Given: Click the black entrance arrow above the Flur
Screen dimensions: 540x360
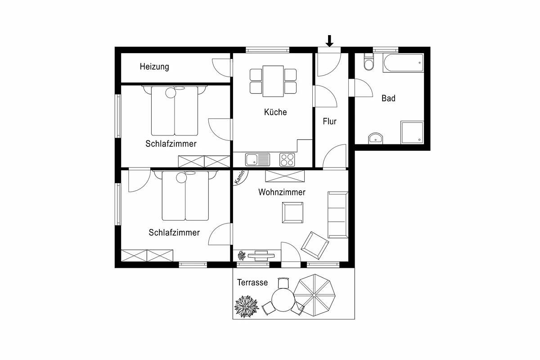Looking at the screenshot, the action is click(329, 41).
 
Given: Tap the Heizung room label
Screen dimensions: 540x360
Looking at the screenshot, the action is click(154, 67).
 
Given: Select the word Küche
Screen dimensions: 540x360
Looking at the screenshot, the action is click(275, 112).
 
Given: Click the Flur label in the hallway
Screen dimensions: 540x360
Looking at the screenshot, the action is click(329, 121).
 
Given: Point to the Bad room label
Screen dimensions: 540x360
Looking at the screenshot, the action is click(388, 98).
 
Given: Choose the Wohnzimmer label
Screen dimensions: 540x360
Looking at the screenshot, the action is click(282, 192).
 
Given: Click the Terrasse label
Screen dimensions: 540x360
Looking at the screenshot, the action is click(252, 282).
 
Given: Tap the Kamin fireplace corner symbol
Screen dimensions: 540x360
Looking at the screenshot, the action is click(240, 177).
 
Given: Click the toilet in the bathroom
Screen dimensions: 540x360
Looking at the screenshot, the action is click(369, 62).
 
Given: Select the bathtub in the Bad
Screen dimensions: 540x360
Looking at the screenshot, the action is click(403, 63).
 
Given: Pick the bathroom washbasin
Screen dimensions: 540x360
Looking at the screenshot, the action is click(376, 138).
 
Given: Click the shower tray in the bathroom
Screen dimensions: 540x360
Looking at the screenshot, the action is click(412, 132).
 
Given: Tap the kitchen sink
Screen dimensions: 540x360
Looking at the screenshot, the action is click(257, 160).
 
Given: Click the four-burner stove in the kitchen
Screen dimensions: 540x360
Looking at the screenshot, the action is click(287, 160).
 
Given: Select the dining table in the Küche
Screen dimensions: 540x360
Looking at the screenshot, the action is click(273, 81).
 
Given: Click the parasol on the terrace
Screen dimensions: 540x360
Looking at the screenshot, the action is click(314, 295).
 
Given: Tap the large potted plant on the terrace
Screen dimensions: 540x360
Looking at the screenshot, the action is click(247, 306).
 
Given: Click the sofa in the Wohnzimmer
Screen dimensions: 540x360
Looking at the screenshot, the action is click(338, 215).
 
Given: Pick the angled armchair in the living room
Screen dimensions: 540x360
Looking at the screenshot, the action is click(315, 245).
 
